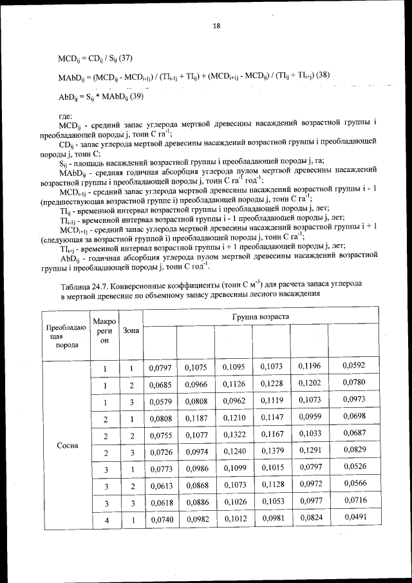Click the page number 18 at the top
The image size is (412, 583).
[216, 26]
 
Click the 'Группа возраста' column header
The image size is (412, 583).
[260, 317]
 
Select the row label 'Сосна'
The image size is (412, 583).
[68, 446]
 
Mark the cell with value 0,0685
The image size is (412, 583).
[158, 385]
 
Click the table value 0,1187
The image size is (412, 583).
[196, 417]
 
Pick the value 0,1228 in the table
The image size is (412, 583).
[272, 385]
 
